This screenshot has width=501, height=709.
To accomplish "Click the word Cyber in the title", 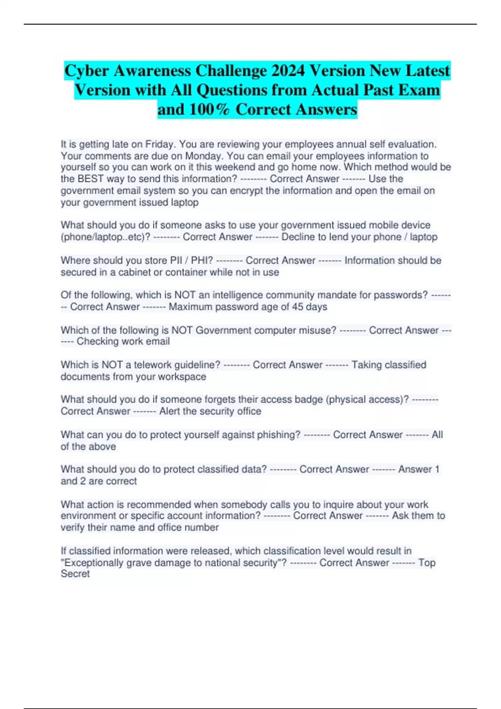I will (86, 71).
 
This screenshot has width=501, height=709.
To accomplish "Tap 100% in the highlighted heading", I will (209, 110).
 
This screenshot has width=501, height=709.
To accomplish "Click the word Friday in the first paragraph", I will (160, 144).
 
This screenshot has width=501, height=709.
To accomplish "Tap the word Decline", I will (298, 237).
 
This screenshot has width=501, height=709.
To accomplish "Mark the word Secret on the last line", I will (75, 574).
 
